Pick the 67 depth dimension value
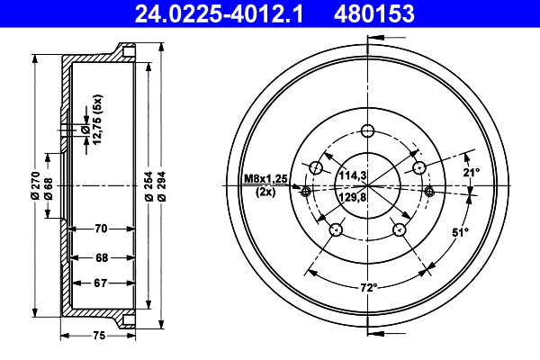click(101, 283)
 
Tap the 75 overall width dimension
click(100, 336)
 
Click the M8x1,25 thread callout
click(265, 180)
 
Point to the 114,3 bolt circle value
click(354, 175)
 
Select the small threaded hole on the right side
click(429, 191)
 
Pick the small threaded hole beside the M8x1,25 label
click(305, 191)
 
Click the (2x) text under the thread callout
click(265, 193)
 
